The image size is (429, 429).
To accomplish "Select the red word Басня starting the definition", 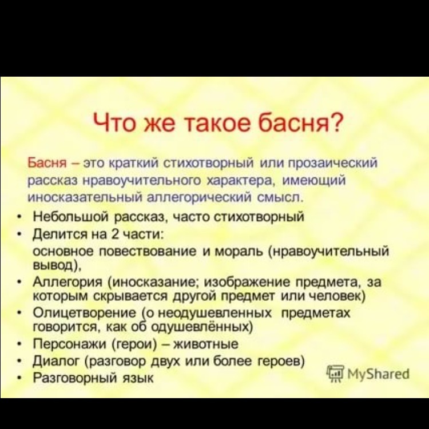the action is click(x=47, y=163).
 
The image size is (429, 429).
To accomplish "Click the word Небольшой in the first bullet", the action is click(x=71, y=217).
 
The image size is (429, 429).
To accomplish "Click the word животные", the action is click(x=206, y=344).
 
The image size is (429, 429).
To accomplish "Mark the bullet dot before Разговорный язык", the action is click(x=19, y=378).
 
